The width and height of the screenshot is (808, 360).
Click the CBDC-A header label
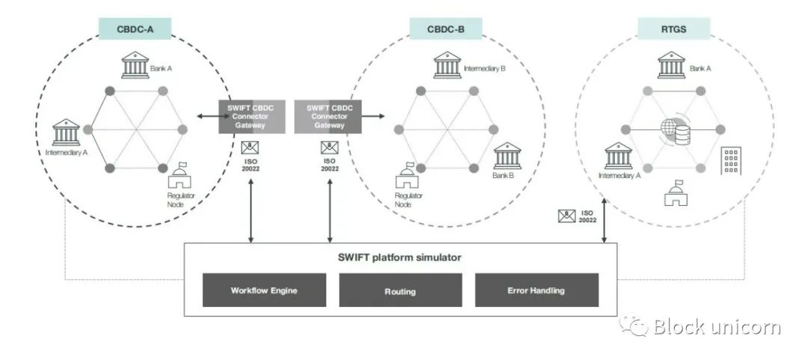pos(135,30)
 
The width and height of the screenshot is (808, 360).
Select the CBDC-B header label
pos(446,30)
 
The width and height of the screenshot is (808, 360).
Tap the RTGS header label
pos(673,30)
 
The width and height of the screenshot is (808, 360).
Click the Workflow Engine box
pos(264,290)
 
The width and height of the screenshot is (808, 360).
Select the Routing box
pos(401,290)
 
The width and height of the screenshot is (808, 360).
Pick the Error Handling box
pos(536,290)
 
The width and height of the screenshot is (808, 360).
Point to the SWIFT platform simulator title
pos(400,257)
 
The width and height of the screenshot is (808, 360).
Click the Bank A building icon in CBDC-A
pos(135,64)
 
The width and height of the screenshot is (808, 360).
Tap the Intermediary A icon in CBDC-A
pos(66,132)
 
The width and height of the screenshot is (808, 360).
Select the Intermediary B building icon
pos(447,64)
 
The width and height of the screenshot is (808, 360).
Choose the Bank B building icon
pos(507,156)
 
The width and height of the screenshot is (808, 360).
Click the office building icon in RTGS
pos(730,161)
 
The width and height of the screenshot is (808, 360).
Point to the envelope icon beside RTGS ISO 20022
pos(566,216)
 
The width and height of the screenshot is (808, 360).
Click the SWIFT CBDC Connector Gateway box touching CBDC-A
pos(252,116)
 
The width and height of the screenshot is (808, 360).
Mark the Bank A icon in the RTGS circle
pos(671,64)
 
